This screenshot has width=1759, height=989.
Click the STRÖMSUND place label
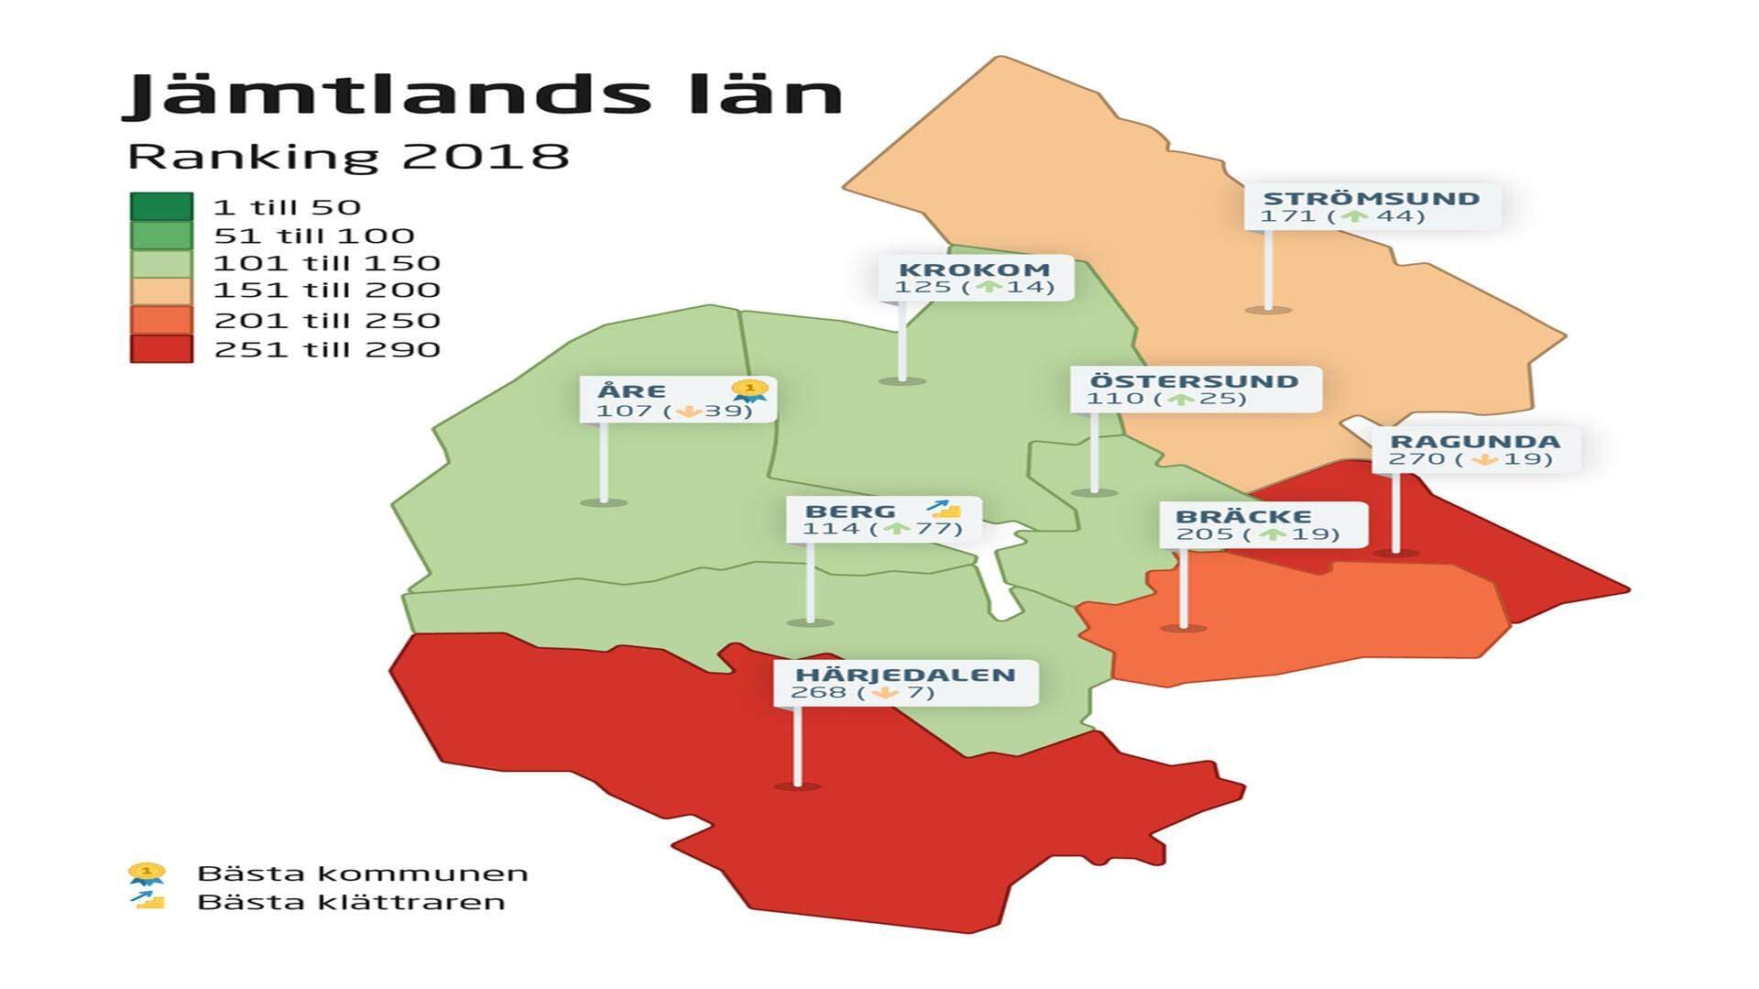(x=1371, y=198)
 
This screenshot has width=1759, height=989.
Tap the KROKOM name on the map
(x=974, y=269)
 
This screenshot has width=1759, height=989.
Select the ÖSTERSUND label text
(x=1194, y=381)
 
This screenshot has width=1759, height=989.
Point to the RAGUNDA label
(x=1474, y=442)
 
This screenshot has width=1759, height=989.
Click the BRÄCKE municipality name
(x=1243, y=516)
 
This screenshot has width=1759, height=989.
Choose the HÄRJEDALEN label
(x=905, y=676)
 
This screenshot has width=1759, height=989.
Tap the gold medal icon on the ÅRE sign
(x=750, y=391)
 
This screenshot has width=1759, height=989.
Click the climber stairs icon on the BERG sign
(x=944, y=509)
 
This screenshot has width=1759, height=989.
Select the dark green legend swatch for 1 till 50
(x=161, y=206)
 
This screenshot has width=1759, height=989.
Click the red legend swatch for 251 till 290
(x=161, y=349)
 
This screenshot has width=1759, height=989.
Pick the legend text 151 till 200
(x=326, y=291)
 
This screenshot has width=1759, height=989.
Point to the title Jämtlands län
(x=483, y=94)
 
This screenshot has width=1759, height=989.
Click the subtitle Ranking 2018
(x=348, y=156)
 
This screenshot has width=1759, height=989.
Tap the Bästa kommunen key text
(x=363, y=874)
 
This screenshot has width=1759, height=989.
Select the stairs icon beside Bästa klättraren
(x=147, y=900)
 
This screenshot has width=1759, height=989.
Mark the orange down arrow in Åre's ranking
(x=688, y=412)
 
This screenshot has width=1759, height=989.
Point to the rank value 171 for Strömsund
(x=1280, y=216)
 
